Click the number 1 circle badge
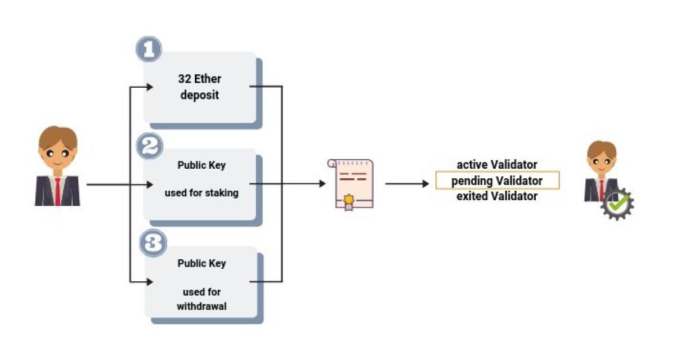coord(149,49)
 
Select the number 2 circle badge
coord(150,147)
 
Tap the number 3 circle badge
coord(152,244)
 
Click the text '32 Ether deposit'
coord(200,87)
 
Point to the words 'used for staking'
coord(201,193)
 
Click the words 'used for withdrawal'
coord(201,299)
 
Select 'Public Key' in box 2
coord(201,165)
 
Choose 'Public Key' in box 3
coord(201,263)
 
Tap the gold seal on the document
coord(350,199)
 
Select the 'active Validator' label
coord(497,165)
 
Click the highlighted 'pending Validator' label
coord(497,181)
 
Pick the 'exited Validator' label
coord(497,196)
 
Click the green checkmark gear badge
coord(617,204)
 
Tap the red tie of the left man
coord(57,192)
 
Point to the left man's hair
coord(57,137)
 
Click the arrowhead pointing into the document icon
coord(322,183)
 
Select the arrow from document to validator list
coord(407,183)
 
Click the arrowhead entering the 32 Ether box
coord(150,87)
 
